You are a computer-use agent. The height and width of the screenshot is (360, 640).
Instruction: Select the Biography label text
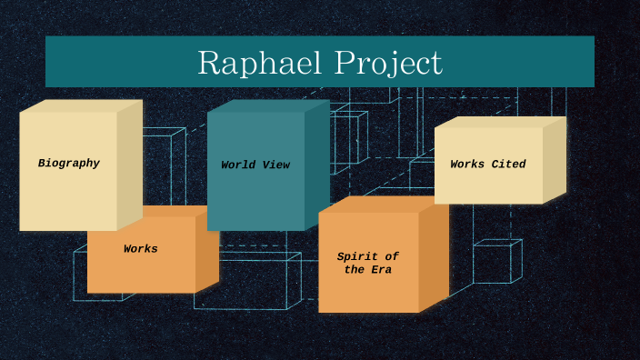[x=69, y=164]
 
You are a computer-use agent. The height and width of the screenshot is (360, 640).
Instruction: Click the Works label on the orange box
[x=141, y=249]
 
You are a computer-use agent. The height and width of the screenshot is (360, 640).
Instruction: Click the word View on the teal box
[x=275, y=165]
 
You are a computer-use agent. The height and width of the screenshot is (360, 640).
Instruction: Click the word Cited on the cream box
[x=508, y=165]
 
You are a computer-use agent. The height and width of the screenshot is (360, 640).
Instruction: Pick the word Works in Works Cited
[x=467, y=165]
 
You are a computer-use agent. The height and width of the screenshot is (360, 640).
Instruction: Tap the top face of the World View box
[x=267, y=105]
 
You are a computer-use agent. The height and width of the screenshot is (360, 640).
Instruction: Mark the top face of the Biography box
[x=80, y=105]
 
